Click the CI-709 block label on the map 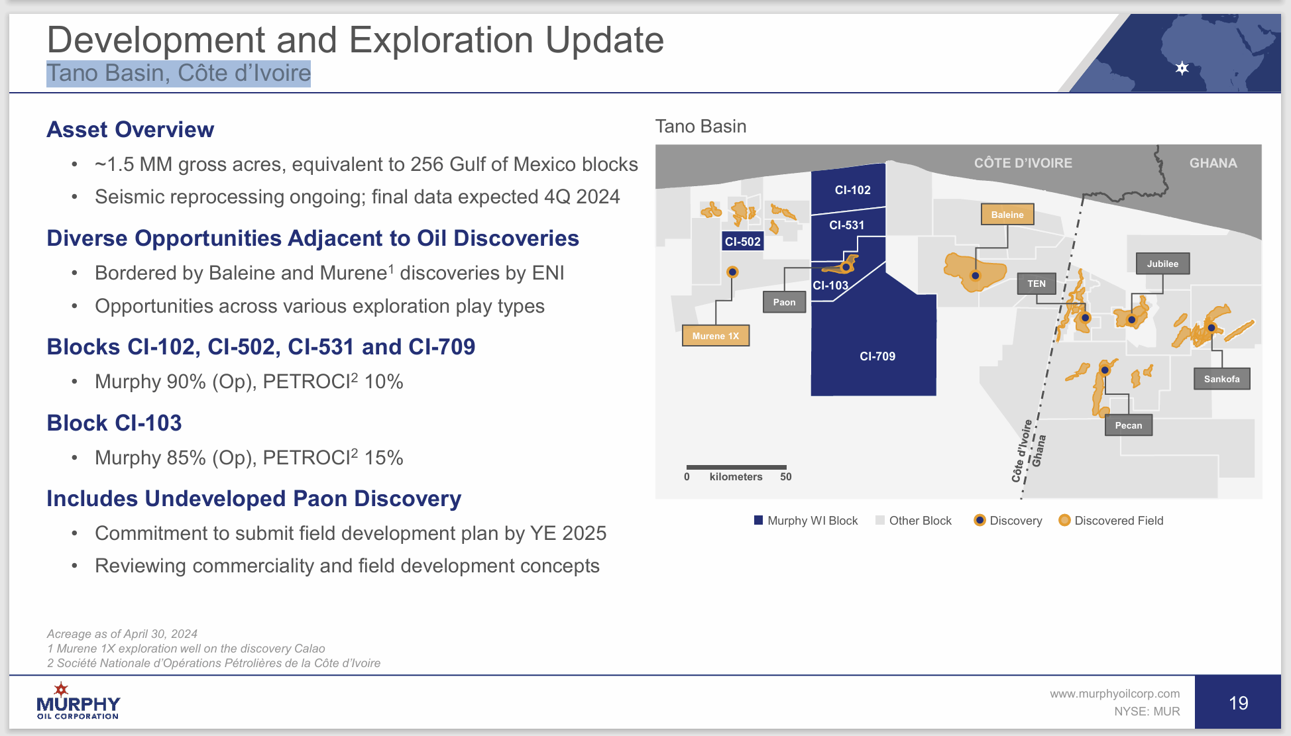(x=877, y=356)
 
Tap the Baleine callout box (x=1007, y=215)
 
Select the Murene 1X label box (x=715, y=336)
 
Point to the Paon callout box (x=784, y=302)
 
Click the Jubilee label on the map (x=1162, y=264)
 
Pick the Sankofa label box (x=1221, y=379)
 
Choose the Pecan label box (x=1128, y=425)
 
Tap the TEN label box (x=1036, y=284)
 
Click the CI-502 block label (x=742, y=242)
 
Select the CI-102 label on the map (x=852, y=190)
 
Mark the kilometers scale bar (x=736, y=468)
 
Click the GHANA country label (x=1213, y=163)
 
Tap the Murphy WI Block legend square (x=758, y=520)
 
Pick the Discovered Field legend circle (x=1064, y=520)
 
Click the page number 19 (x=1237, y=703)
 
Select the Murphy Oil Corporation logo (x=78, y=702)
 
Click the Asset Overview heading (x=130, y=129)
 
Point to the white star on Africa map (x=1182, y=68)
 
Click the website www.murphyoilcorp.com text (x=1114, y=694)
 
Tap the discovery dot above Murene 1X (x=732, y=272)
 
